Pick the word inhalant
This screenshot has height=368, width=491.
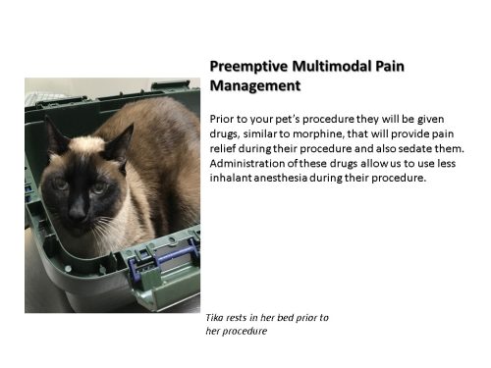236,181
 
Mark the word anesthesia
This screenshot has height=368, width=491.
297,181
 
